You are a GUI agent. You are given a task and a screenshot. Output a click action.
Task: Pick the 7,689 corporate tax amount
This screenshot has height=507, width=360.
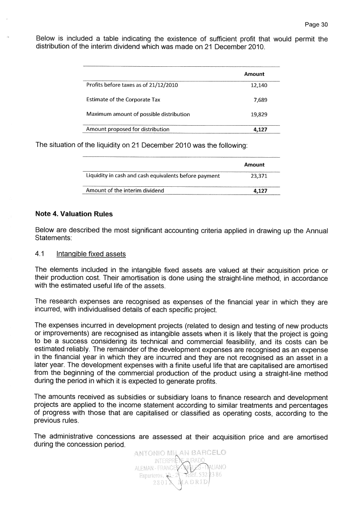point(260,100)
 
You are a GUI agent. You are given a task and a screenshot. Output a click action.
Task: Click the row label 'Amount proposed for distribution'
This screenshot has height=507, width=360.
point(128,129)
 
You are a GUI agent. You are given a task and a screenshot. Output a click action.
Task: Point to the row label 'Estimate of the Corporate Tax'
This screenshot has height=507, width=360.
point(123,100)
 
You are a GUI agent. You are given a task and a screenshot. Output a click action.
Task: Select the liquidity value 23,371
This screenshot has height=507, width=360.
point(259,175)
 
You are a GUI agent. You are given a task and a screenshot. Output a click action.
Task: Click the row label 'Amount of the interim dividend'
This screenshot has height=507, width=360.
point(125,190)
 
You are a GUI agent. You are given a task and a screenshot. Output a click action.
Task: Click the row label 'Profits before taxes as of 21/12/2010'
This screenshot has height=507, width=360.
point(132,85)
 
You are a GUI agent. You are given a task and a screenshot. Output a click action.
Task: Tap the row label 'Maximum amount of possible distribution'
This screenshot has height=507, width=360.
point(138,114)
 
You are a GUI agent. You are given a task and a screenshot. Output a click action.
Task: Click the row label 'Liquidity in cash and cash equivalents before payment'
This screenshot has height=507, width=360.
point(153,175)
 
